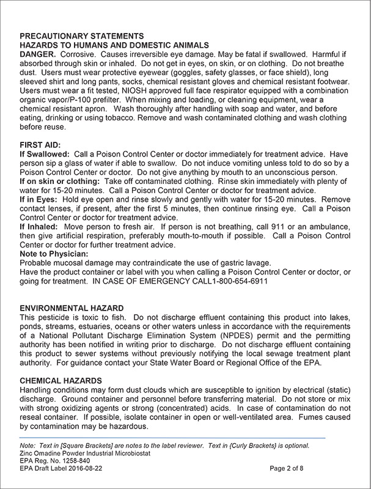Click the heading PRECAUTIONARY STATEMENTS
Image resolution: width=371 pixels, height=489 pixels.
[81, 35]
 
